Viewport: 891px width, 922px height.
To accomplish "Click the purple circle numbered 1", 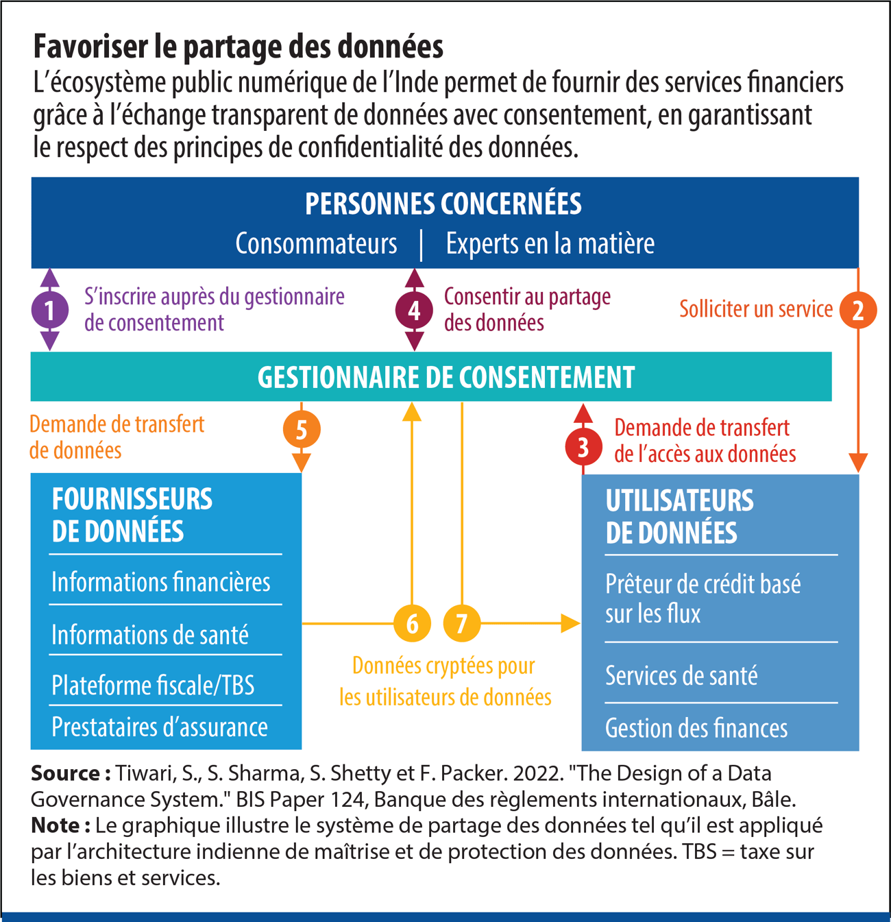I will coord(49,310).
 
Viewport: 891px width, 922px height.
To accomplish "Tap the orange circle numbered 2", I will coord(858,310).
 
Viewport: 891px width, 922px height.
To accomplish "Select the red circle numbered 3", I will coord(583,447).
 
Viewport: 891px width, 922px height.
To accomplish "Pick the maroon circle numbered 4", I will coord(414,311).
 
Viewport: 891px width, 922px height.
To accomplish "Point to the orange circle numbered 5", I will coord(302,430).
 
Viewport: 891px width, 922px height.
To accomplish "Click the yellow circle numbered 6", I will coord(412,623).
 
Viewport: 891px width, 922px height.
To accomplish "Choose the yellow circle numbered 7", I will coord(462,623).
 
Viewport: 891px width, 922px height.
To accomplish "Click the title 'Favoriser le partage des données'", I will coord(239,47).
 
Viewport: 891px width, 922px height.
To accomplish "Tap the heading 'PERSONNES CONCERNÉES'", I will coord(443,204).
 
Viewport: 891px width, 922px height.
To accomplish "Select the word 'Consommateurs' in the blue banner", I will coord(316,243).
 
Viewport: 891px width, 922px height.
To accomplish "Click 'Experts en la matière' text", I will coord(550,243).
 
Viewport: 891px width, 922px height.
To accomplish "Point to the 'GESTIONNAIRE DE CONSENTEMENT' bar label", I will coord(446,377).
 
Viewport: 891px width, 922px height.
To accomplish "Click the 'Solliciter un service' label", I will coord(756,309).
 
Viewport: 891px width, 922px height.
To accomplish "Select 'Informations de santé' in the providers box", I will coord(150,635).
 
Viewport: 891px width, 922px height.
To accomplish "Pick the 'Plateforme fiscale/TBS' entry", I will coord(153,685).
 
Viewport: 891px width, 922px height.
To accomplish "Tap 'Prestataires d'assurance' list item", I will coord(160,727).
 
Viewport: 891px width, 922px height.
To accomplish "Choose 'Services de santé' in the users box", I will coord(681,676).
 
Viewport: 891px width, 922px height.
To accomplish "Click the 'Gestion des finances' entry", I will coord(696,728).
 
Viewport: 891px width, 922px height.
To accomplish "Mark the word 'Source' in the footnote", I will coord(66,773).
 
